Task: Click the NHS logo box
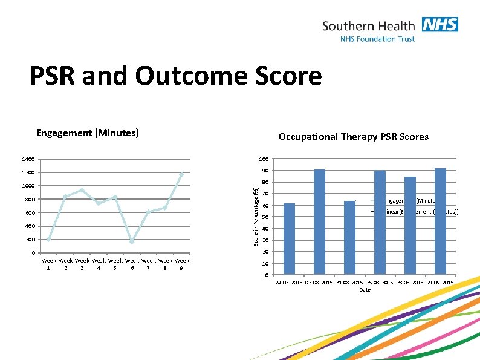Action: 440,25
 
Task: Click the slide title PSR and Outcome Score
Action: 176,77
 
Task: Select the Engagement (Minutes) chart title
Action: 88,133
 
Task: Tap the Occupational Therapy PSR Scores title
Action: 353,137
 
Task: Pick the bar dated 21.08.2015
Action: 349,238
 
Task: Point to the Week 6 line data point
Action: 132,241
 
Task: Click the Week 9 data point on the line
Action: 181,174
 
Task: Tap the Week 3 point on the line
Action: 82,190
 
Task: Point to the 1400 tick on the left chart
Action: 28,160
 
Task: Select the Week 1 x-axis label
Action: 49,264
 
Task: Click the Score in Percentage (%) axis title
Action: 256,216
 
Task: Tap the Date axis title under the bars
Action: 365,290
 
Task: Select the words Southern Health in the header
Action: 368,26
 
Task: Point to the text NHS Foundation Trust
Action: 378,39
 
